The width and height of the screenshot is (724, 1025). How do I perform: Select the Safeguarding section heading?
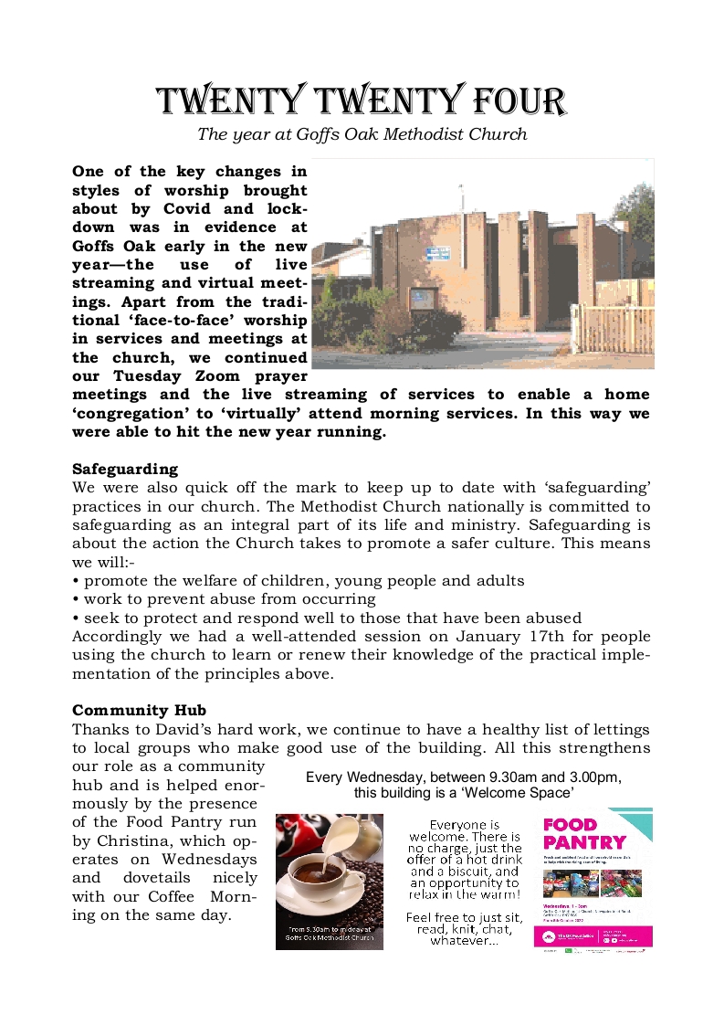point(124,469)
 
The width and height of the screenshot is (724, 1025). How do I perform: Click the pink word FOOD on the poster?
point(570,824)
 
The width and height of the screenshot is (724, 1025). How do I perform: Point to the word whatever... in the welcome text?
point(465,941)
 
